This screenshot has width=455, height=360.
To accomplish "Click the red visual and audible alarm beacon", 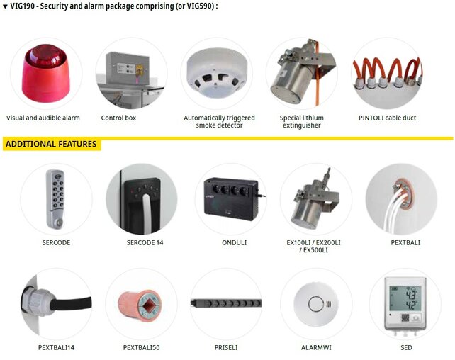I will (x=45, y=74).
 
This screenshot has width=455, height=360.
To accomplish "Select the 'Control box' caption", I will (x=118, y=118).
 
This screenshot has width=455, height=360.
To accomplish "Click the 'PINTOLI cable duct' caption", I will (x=387, y=118).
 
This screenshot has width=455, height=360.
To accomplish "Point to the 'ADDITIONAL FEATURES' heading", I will (x=51, y=144).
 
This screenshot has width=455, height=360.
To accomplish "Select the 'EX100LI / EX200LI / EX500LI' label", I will (x=313, y=247).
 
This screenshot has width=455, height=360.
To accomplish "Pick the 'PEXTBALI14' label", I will (x=56, y=347).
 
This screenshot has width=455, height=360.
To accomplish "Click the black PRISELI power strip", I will (x=226, y=303).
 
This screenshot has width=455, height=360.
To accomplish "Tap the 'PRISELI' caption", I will (x=226, y=347).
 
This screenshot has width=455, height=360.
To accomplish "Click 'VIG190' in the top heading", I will (x=23, y=6).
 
